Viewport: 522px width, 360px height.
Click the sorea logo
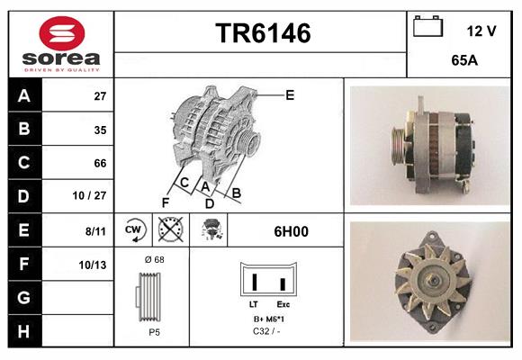pyautogui.click(x=60, y=44)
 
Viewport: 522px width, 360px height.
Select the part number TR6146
pyautogui.click(x=262, y=34)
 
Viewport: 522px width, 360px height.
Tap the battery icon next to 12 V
pyautogui.click(x=427, y=28)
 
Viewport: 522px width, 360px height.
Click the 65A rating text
pyautogui.click(x=463, y=61)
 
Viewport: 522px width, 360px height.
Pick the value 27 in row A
pyautogui.click(x=100, y=95)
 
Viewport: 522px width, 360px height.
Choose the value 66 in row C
pyautogui.click(x=100, y=163)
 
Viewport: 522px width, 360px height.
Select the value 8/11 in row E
pyautogui.click(x=94, y=231)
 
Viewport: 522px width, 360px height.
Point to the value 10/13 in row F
pyautogui.click(x=94, y=265)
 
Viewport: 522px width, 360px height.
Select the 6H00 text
pyautogui.click(x=291, y=231)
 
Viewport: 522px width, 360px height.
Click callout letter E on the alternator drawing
pyautogui.click(x=290, y=94)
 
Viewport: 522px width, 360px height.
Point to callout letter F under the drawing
pyautogui.click(x=165, y=202)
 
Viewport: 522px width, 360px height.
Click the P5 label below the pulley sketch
pyautogui.click(x=154, y=332)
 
